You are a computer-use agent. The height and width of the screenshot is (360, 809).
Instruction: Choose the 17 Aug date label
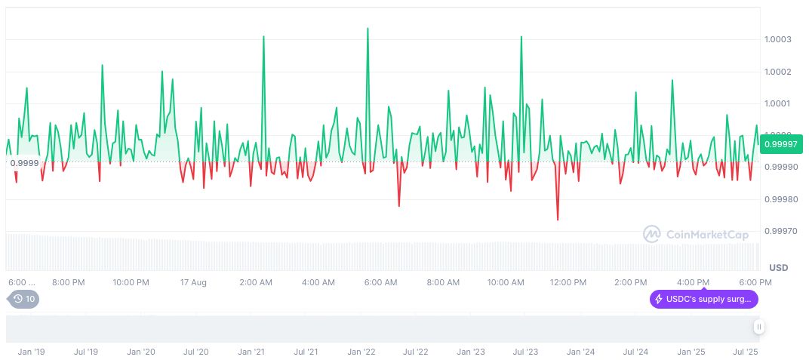193,282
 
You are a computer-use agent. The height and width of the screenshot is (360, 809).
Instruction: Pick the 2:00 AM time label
256,282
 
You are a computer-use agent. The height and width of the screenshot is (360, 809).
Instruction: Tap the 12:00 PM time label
568,282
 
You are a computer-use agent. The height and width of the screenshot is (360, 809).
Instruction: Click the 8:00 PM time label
68,282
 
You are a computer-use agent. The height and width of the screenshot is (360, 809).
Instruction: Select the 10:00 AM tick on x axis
506,282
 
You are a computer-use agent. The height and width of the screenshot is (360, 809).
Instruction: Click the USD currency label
778,268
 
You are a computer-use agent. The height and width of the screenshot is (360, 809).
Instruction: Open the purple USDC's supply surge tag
703,300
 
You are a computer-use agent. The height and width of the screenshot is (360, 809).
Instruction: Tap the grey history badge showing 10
24,299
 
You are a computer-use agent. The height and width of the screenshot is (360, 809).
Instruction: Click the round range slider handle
758,327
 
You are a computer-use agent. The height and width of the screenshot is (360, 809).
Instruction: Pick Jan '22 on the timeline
361,352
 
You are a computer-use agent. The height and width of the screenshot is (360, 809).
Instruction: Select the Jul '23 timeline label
524,352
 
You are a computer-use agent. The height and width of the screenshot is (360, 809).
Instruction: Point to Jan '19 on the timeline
31,352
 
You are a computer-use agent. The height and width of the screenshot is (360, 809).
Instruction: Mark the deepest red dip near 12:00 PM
558,220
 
